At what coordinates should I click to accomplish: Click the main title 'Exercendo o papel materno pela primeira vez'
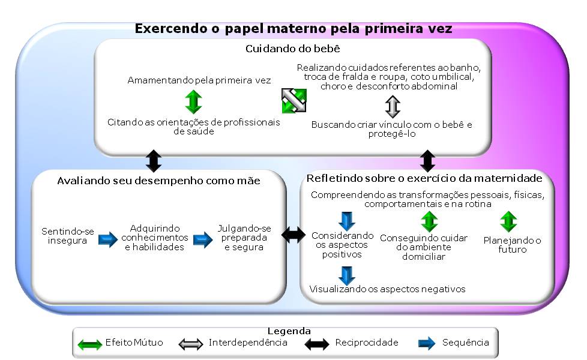point(293,28)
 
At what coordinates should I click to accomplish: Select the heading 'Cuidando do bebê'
point(293,49)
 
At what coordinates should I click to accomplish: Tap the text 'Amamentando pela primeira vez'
point(199,80)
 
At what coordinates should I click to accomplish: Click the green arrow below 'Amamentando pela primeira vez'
point(193,101)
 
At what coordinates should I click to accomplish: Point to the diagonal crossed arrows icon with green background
point(294,100)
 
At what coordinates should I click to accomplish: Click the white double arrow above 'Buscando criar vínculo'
point(393,107)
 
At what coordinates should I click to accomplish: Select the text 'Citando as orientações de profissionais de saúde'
point(193,127)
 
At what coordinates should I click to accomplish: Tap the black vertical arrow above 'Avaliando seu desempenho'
point(154,161)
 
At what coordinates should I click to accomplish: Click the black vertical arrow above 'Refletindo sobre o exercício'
point(427,161)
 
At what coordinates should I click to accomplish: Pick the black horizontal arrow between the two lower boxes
point(293,235)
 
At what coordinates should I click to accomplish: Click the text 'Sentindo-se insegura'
point(67,236)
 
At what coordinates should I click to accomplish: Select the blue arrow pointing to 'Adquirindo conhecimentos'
point(108,239)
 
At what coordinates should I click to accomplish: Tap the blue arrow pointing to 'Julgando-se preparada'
point(203,239)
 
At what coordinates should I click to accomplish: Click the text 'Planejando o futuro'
point(512,245)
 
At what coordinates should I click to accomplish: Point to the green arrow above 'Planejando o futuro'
point(508,221)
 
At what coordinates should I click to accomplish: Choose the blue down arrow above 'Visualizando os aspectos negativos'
point(347,275)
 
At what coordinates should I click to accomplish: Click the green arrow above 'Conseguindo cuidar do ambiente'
point(429,221)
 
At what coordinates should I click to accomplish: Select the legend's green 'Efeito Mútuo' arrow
point(90,344)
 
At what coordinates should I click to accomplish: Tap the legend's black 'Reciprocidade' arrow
point(317,344)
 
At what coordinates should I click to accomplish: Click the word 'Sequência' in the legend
point(465,343)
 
